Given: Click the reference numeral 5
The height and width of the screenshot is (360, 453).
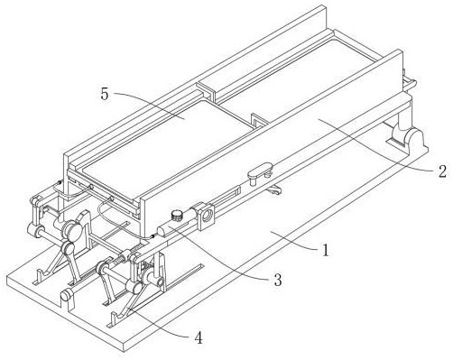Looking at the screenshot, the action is click(x=104, y=94).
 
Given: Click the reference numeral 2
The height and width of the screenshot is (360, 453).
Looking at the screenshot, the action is click(x=442, y=171).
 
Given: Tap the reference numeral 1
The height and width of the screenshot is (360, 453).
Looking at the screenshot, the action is click(x=325, y=250).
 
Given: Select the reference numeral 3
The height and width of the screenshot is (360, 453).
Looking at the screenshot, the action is click(x=277, y=280).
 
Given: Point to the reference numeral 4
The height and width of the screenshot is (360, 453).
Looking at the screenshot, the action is click(x=199, y=338).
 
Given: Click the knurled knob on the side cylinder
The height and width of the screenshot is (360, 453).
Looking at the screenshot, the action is click(x=177, y=216).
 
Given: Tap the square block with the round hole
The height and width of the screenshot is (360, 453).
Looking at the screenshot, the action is click(x=206, y=216).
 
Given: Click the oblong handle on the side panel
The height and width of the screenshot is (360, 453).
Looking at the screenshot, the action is click(x=260, y=171).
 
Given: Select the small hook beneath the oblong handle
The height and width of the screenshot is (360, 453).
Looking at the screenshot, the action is click(x=274, y=190).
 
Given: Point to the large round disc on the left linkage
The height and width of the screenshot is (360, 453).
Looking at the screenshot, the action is click(x=73, y=231).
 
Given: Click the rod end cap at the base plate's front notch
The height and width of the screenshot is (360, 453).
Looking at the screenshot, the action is click(x=67, y=295).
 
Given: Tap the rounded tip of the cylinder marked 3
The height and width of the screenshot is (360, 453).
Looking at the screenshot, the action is click(x=162, y=231).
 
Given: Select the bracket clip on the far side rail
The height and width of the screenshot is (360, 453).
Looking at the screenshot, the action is click(x=205, y=89).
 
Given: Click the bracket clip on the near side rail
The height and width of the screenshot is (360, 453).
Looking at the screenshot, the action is click(x=259, y=121).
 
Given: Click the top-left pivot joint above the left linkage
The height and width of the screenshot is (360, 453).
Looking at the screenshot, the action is click(x=35, y=201).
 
